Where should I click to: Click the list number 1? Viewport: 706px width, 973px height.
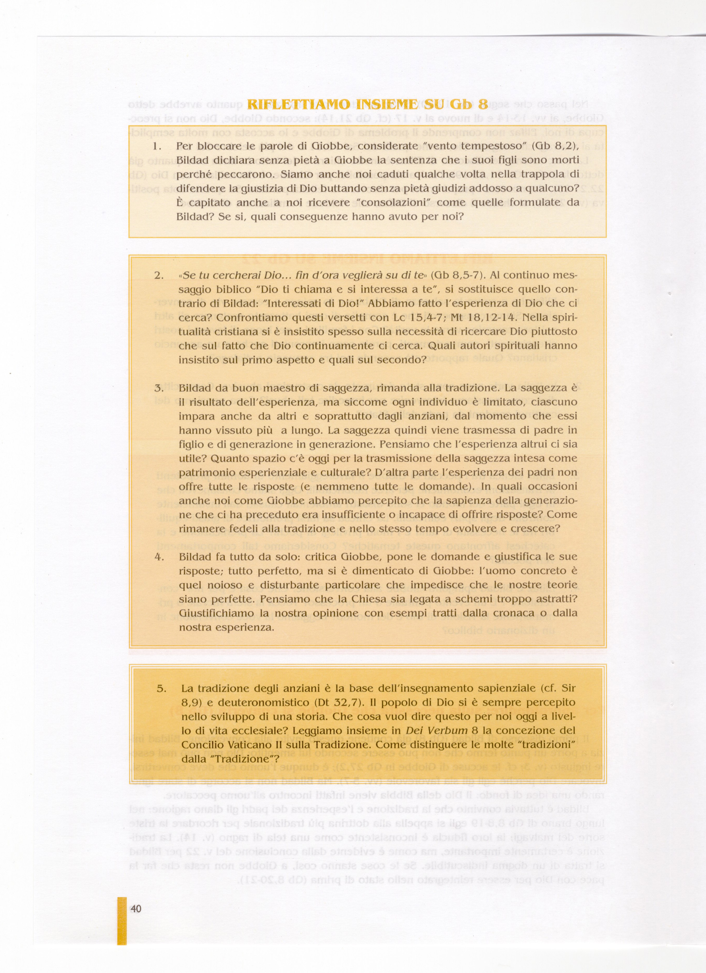coord(157,146)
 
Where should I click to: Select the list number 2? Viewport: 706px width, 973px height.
coord(159,276)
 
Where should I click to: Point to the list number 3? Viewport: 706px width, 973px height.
coord(159,389)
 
